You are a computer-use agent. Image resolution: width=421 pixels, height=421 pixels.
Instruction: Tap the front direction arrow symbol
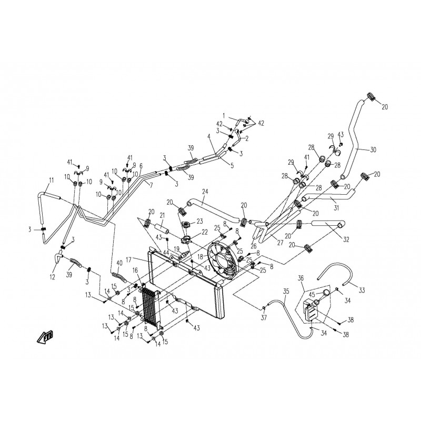(x=45, y=337)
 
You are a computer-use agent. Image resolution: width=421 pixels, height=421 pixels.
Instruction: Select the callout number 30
(x=373, y=150)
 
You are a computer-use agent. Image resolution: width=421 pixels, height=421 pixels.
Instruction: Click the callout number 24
(x=205, y=192)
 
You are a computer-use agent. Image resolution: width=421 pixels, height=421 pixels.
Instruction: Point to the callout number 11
(x=52, y=180)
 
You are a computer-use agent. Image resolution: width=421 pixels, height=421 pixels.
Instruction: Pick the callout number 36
(x=300, y=278)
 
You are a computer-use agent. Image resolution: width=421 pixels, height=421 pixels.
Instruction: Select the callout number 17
(x=128, y=260)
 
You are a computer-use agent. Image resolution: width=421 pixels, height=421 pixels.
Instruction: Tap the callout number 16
(x=135, y=270)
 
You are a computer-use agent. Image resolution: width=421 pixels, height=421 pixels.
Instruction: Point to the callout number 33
(x=362, y=290)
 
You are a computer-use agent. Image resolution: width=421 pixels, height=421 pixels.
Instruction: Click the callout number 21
(x=162, y=216)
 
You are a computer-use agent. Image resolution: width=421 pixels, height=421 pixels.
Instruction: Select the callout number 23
(x=199, y=221)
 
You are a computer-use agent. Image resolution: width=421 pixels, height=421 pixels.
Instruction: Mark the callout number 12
(x=52, y=277)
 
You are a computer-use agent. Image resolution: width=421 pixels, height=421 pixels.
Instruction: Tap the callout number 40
(x=119, y=262)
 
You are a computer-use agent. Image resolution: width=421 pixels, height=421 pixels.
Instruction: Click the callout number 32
(x=346, y=239)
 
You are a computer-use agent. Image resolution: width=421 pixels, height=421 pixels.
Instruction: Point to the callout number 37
(x=264, y=318)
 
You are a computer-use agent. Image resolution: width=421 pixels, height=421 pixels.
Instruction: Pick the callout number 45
(x=312, y=295)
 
